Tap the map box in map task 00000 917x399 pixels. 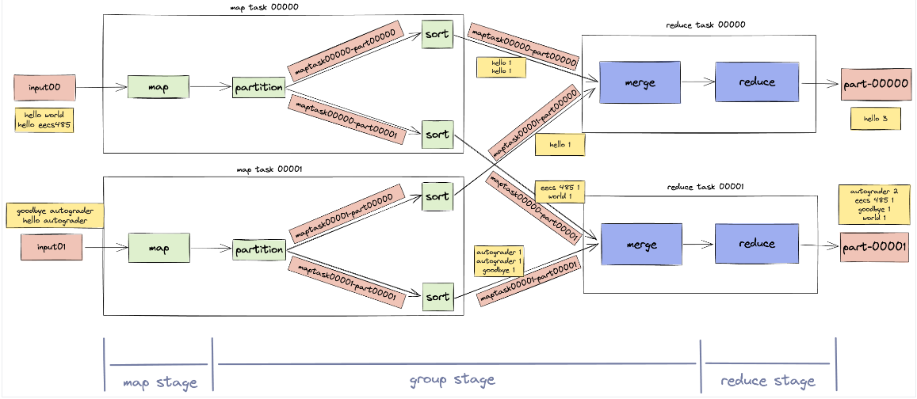click(159, 87)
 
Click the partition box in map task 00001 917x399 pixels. click(259, 250)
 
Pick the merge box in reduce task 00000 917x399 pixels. click(639, 82)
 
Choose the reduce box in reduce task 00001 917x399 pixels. click(756, 244)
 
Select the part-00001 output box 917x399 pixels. click(874, 247)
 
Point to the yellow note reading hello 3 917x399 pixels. click(874, 119)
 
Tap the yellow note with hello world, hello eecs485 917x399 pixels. click(44, 120)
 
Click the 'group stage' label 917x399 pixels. click(453, 380)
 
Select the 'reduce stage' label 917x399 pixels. click(767, 381)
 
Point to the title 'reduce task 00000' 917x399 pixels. click(705, 25)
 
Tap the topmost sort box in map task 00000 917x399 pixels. click(437, 35)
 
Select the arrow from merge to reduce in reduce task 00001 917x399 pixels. click(697, 245)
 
